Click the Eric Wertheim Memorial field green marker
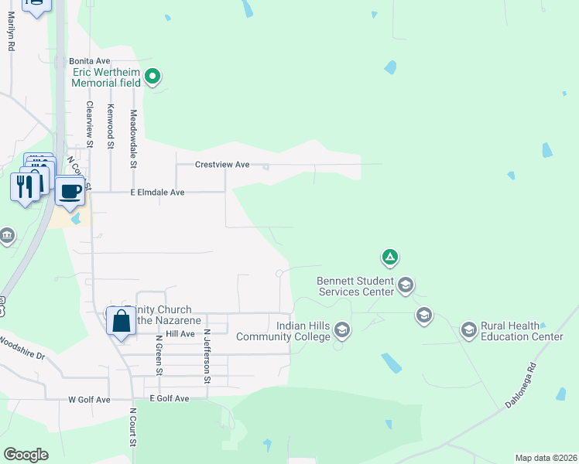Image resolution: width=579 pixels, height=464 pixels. click(x=152, y=76)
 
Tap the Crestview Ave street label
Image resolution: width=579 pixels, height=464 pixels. click(x=222, y=165)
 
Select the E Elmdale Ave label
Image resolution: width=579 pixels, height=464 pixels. click(x=157, y=192)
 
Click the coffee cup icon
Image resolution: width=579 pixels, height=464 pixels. click(x=70, y=190)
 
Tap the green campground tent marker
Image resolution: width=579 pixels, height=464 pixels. click(x=389, y=257)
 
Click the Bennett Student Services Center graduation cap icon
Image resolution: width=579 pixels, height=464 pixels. click(x=405, y=286)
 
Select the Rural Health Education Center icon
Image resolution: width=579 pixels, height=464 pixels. click(x=468, y=331)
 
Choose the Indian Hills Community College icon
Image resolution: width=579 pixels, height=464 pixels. click(x=342, y=332)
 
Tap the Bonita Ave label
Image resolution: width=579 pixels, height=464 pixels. click(x=90, y=60)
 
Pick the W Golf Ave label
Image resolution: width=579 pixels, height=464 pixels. click(x=90, y=400)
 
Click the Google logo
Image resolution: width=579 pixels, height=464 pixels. click(x=26, y=455)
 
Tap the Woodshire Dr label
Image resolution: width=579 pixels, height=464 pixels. click(x=22, y=347)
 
